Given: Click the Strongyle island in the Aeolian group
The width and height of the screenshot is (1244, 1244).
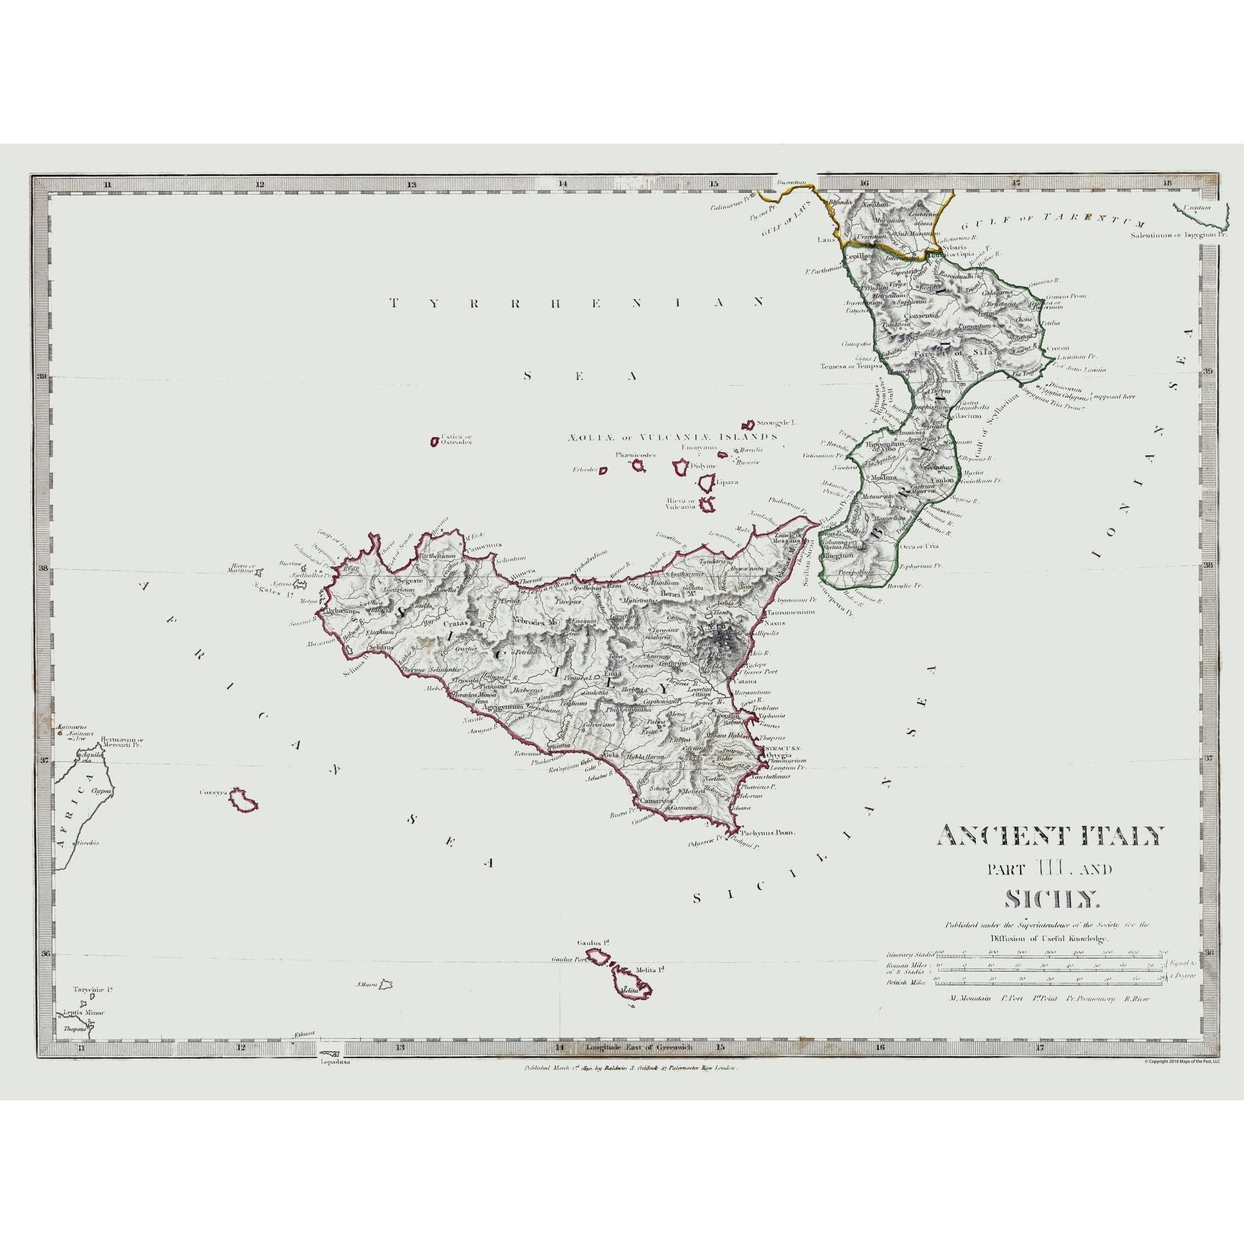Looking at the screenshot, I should click(x=749, y=425).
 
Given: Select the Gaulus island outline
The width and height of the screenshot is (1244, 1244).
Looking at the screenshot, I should click(x=598, y=957).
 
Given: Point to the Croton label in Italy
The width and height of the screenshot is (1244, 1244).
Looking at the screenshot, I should click(x=1057, y=348).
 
